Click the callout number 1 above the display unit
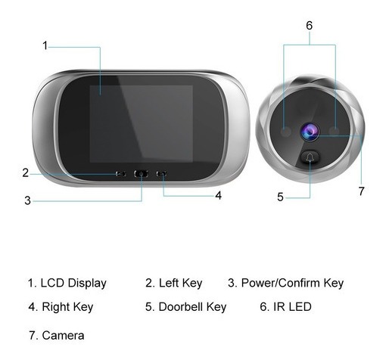click(45, 45)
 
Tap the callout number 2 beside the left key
click(25, 172)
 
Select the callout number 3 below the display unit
click(27, 200)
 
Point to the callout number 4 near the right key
click(219, 195)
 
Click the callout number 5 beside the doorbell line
click(280, 197)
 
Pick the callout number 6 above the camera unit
click(310, 25)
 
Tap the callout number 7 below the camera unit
click(362, 191)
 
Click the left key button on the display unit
click(120, 174)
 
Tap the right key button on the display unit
click(161, 174)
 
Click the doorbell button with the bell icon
click(310, 157)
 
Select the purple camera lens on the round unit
click(310, 132)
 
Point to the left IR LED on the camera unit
click(285, 132)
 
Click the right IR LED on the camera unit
click(335, 131)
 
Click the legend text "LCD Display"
click(73, 284)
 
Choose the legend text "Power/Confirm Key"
click(292, 283)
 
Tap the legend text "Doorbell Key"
click(192, 307)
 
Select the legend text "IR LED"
click(292, 307)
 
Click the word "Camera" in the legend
click(63, 336)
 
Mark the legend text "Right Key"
click(67, 307)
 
